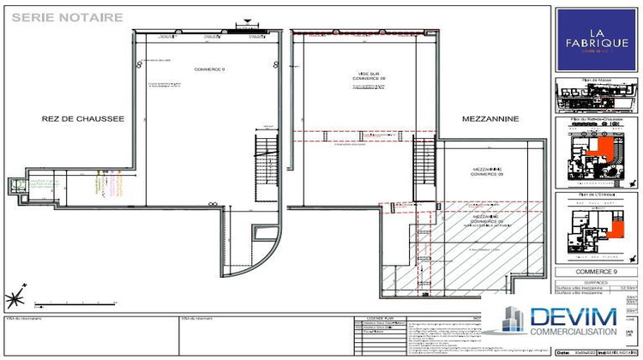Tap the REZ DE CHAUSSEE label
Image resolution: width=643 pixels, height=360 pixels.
(x=77, y=120)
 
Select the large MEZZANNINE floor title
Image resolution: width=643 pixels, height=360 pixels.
(x=491, y=120)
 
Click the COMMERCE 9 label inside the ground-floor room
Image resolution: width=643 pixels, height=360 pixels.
(x=209, y=69)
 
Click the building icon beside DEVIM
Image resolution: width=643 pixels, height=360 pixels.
(x=513, y=320)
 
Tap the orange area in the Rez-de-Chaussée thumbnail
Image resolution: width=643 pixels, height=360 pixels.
(x=605, y=153)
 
